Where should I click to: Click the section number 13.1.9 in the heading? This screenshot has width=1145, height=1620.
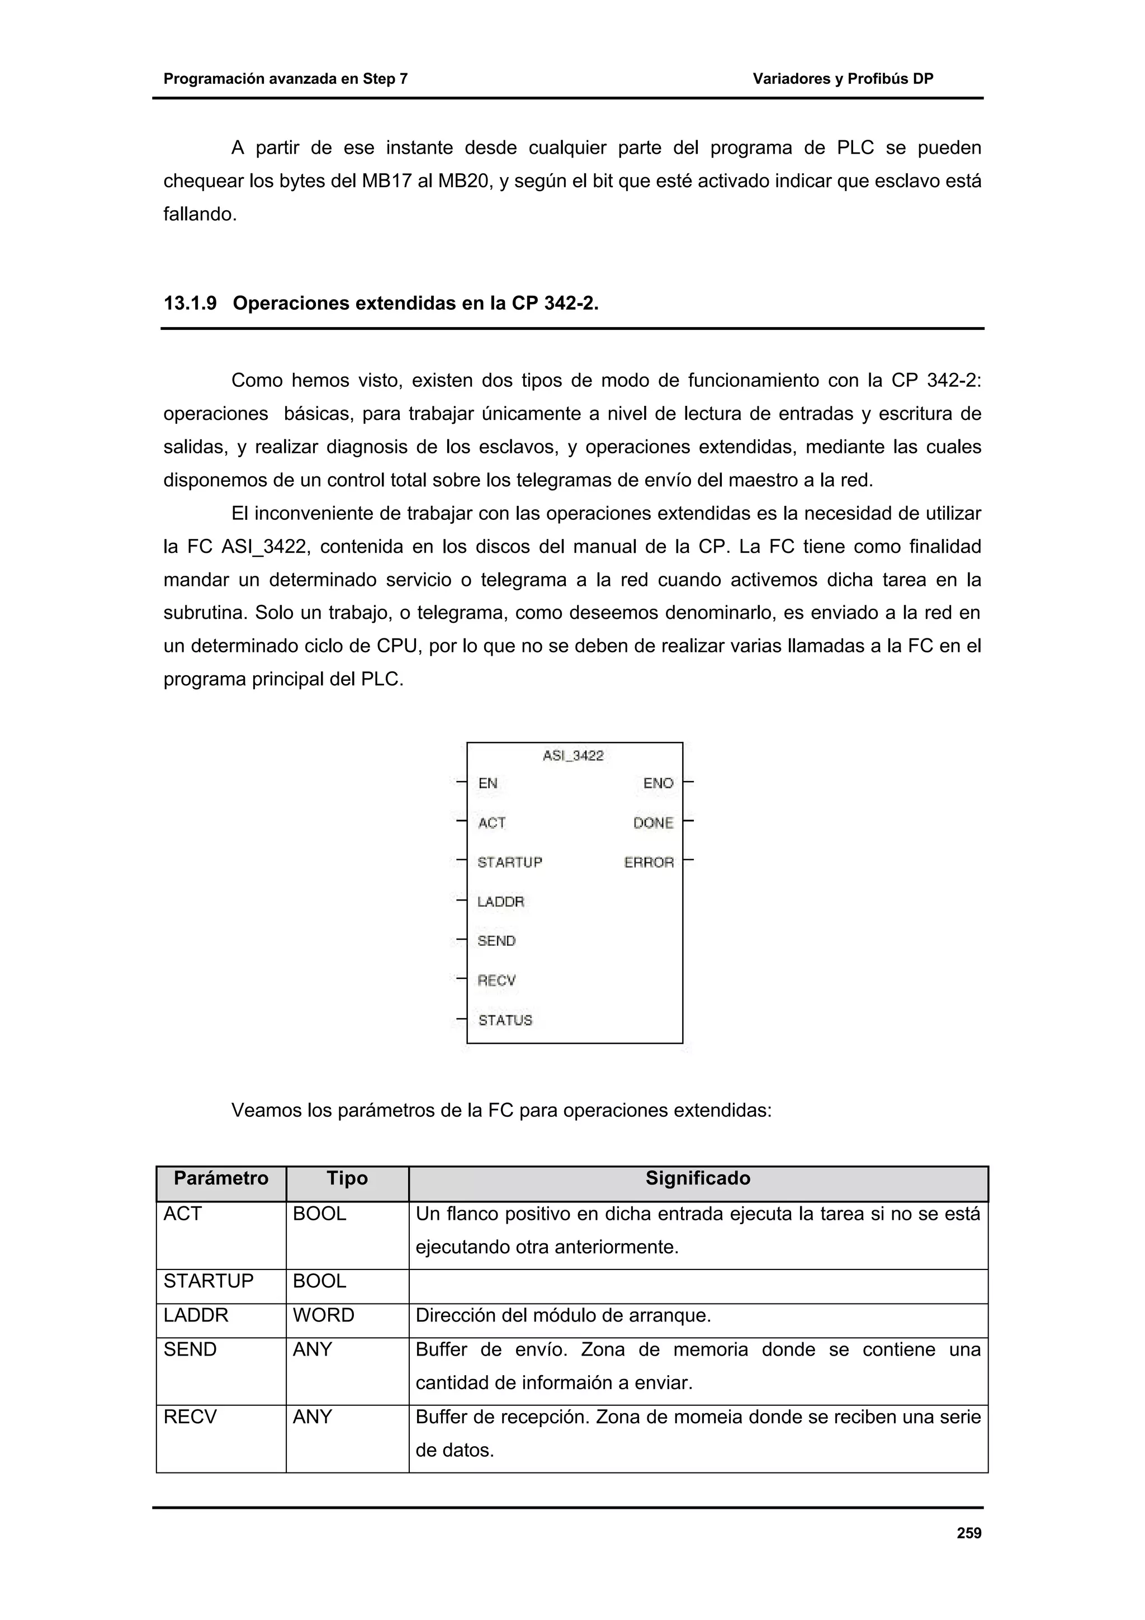pos(190,304)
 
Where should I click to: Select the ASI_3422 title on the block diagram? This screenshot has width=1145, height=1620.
pos(573,756)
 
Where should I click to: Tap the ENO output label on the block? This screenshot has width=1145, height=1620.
pos(658,783)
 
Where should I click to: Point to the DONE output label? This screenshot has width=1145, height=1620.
pos(653,823)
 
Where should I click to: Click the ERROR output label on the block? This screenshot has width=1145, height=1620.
pos(649,862)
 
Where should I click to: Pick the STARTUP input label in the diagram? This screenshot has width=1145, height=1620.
pos(509,862)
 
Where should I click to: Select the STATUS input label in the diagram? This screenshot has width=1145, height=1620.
pos(505,1020)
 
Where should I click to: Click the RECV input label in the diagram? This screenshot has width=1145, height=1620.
pos(496,980)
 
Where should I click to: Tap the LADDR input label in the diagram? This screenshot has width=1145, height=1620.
pos(501,902)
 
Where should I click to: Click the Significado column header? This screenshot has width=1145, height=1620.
pos(698,1178)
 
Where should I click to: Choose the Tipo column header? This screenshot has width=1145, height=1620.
pos(347,1178)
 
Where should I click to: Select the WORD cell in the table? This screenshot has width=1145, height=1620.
pos(323,1315)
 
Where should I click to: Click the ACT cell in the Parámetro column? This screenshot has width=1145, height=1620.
pos(183,1214)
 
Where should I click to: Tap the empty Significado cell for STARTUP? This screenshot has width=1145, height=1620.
pos(698,1281)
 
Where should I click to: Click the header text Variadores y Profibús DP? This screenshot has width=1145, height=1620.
pos(843,79)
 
